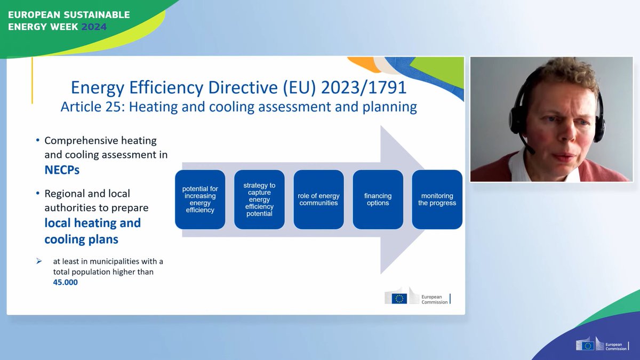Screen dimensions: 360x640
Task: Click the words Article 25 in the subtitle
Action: pyautogui.click(x=90, y=107)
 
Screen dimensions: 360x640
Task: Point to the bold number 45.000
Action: pyautogui.click(x=65, y=282)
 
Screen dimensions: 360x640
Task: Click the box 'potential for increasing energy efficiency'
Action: pyautogui.click(x=200, y=199)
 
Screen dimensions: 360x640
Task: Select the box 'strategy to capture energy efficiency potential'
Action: pyautogui.click(x=260, y=199)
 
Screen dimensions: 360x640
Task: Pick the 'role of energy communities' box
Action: pyautogui.click(x=318, y=199)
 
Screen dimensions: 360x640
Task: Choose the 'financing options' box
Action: pyautogui.click(x=378, y=199)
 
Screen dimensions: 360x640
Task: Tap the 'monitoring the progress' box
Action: pyautogui.click(x=437, y=199)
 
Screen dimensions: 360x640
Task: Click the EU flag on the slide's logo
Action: pyautogui.click(x=399, y=299)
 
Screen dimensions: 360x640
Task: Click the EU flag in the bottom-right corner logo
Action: pyautogui.click(x=588, y=346)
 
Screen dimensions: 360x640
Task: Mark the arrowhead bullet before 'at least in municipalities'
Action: pyautogui.click(x=39, y=261)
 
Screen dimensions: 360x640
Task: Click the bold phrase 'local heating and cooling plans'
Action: pyautogui.click(x=92, y=231)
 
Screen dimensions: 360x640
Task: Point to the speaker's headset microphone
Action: pyautogui.click(x=531, y=150)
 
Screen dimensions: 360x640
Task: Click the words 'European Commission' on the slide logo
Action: pyautogui.click(x=434, y=299)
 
